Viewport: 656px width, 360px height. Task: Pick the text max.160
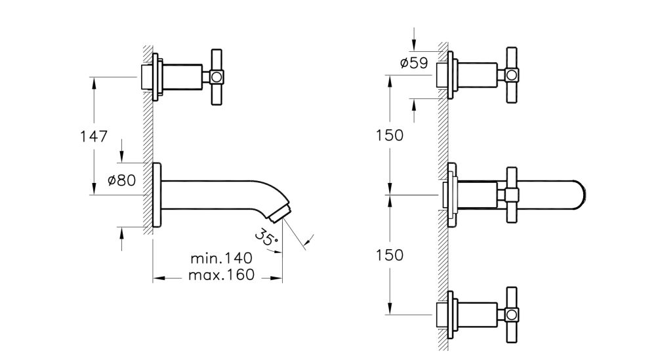[221, 275]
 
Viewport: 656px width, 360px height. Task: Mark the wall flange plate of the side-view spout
[155, 195]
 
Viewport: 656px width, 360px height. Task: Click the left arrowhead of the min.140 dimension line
[156, 278]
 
